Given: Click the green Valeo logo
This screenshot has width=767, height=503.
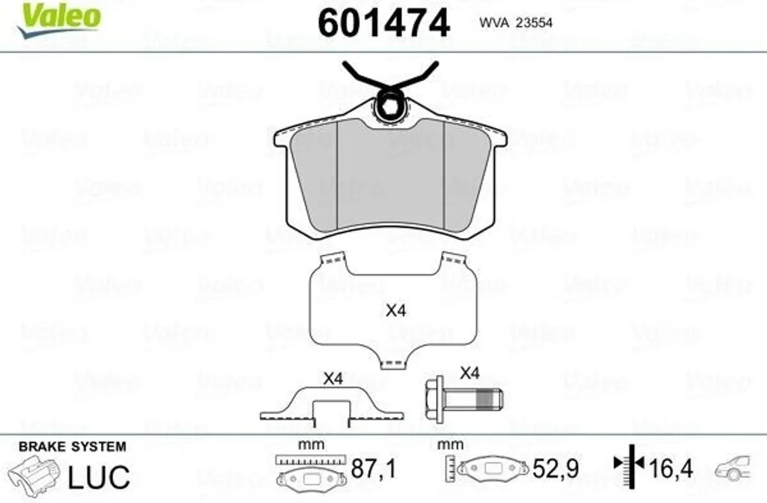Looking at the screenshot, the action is pyautogui.click(x=58, y=19).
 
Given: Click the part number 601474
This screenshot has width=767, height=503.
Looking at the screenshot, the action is pyautogui.click(x=383, y=23).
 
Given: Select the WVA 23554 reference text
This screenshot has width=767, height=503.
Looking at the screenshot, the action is pyautogui.click(x=515, y=22).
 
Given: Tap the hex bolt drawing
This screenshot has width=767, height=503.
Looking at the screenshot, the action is pyautogui.click(x=464, y=398).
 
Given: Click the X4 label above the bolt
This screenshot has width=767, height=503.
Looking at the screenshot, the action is pyautogui.click(x=470, y=373).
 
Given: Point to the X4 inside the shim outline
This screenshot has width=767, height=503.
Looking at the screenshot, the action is pyautogui.click(x=395, y=310).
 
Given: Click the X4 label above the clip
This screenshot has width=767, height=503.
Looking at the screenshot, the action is pyautogui.click(x=333, y=378).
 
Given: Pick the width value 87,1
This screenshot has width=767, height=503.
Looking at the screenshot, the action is pyautogui.click(x=373, y=469).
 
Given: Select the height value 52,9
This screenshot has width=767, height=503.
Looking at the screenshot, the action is pyautogui.click(x=555, y=469).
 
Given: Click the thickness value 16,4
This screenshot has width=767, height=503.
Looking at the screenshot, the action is pyautogui.click(x=670, y=469).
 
